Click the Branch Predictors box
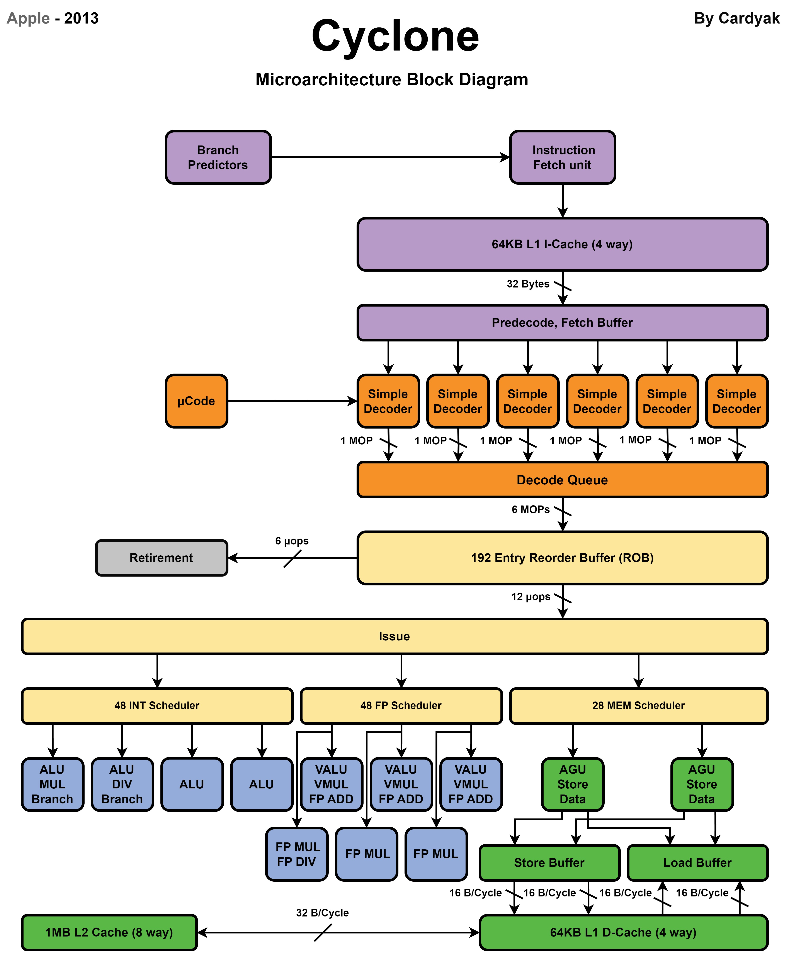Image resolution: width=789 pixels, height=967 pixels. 218,157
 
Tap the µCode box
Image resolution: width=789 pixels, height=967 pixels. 196,401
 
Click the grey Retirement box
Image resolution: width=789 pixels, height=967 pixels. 161,558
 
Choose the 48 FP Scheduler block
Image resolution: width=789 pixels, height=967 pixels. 401,705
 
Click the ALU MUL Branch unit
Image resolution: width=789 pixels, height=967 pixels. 52,784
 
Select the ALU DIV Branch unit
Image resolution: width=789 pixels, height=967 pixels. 122,784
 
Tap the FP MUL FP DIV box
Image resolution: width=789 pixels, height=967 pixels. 297,854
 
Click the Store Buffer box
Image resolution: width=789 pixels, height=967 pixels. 549,862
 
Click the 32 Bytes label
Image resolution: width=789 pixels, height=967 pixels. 528,284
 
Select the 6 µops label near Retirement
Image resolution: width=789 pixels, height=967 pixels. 292,541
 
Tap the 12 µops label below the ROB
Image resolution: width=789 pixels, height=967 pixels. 530,597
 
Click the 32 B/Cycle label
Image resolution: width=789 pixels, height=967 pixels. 322,913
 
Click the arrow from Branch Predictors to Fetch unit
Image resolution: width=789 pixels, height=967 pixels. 390,157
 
